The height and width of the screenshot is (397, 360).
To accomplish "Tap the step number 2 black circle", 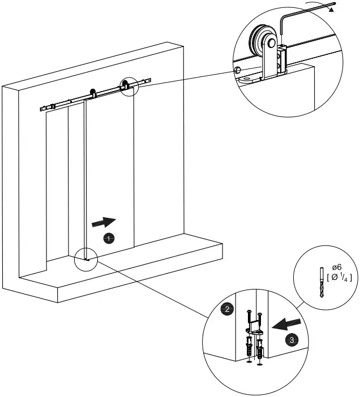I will [226, 309].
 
